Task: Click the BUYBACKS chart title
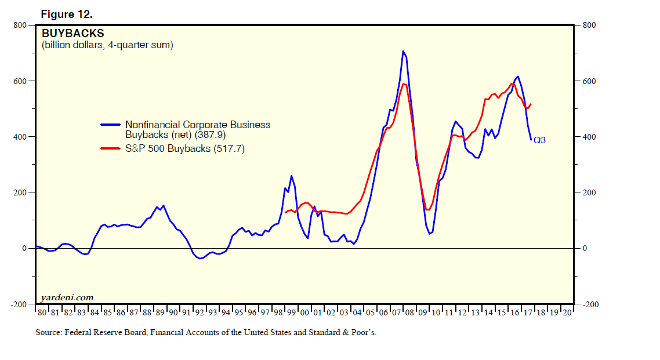pos(73,34)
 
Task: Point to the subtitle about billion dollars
pos(107,45)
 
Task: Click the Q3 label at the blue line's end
pos(539,140)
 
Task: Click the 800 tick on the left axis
pos(20,25)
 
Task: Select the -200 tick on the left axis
pos(19,304)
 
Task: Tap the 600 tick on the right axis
pos(590,81)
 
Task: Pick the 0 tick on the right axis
pos(586,248)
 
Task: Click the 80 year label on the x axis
pos(42,312)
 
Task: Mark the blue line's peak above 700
pos(403,51)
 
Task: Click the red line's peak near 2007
pos(404,84)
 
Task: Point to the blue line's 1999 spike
pos(291,176)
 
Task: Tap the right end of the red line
pos(531,104)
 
